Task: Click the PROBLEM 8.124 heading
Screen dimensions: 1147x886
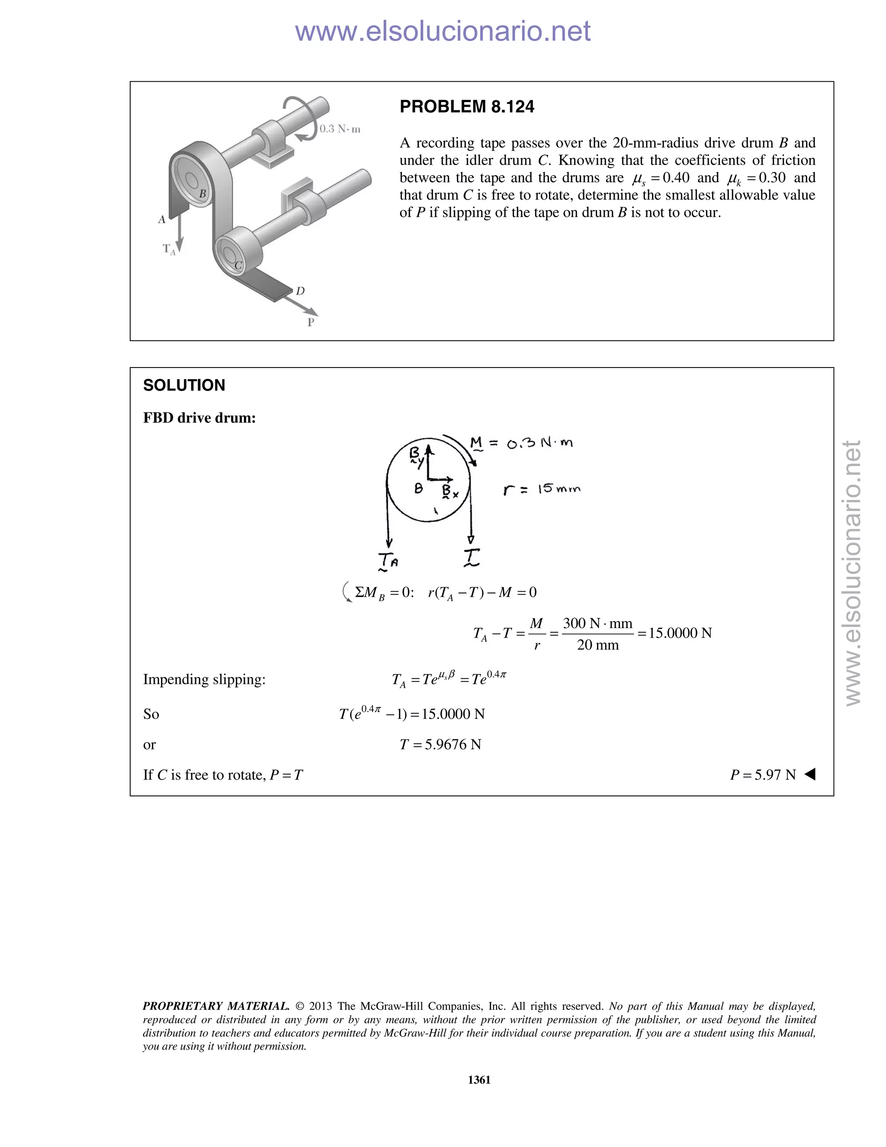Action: (467, 106)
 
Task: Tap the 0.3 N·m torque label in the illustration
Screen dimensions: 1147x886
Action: (340, 129)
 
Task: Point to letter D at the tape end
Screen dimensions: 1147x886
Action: (300, 290)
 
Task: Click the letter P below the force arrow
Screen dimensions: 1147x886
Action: (311, 322)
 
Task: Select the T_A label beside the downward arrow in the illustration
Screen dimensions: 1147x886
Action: (168, 248)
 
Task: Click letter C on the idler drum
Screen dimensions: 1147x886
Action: (238, 265)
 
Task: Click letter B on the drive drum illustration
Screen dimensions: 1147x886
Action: (202, 194)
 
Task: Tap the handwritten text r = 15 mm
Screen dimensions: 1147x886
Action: (542, 489)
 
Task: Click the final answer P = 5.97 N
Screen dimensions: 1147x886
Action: (763, 775)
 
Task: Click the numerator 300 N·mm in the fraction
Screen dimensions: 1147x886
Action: (597, 623)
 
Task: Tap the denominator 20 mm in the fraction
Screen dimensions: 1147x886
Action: (597, 645)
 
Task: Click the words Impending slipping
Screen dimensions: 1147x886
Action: (204, 679)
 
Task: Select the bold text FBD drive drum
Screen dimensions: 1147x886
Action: (199, 418)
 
